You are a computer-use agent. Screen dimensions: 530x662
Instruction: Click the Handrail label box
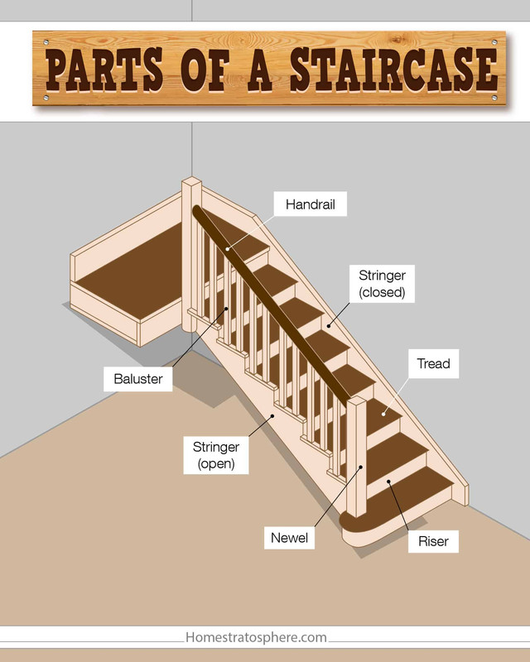[x=311, y=204]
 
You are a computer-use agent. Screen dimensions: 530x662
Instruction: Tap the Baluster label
[x=138, y=380]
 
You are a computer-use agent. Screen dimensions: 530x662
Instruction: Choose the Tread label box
[x=433, y=363]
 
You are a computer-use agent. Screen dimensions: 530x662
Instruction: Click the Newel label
[x=289, y=537]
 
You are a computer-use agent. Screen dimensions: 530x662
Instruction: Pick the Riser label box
[x=433, y=542]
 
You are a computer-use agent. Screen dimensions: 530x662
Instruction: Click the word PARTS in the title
[x=108, y=68]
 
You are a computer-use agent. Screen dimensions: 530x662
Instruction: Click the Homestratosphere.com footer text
[x=256, y=638]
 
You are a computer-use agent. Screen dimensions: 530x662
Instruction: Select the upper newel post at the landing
[x=192, y=248]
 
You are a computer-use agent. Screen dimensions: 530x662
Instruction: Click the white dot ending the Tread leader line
[x=384, y=412]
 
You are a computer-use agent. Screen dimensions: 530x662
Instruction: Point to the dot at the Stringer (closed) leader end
[x=328, y=324]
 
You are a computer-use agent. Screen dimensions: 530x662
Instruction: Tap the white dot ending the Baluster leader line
[x=227, y=310]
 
